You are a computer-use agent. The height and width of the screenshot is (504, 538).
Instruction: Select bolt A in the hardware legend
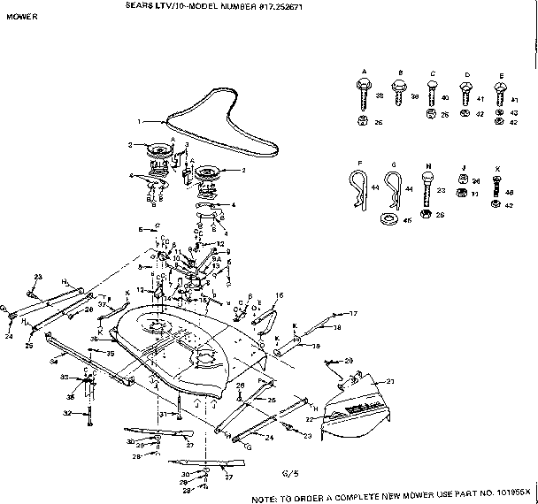[x=364, y=88]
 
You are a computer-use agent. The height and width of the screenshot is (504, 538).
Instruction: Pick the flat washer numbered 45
[x=387, y=217]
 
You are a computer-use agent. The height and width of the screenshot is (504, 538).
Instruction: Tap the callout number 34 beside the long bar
[x=53, y=360]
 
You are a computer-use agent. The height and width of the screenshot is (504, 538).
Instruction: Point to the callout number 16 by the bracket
[x=279, y=294]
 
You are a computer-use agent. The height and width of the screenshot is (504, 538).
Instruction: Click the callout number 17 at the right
[x=352, y=313]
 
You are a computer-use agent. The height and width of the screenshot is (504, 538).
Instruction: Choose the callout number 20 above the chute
[x=349, y=362]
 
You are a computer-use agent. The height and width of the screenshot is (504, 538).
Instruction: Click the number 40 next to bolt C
[x=444, y=97]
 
